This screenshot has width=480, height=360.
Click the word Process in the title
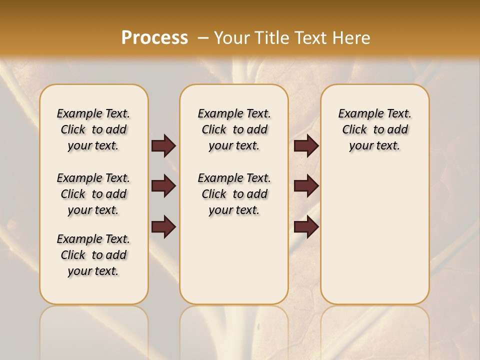point(154,38)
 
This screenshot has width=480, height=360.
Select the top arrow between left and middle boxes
point(163,145)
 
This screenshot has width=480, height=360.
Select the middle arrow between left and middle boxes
point(163,186)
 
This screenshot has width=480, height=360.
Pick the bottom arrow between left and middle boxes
point(163,227)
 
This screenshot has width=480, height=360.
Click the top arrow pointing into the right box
point(306,145)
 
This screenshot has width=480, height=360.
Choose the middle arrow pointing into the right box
point(306,186)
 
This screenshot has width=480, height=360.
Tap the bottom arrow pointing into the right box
point(306,227)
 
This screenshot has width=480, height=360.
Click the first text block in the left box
point(93,129)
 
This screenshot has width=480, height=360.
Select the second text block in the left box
point(93,194)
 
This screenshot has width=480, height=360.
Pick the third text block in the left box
point(93,255)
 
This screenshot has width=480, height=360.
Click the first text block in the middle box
point(234,129)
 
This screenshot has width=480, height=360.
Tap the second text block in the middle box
point(234,194)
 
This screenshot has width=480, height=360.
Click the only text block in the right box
point(374,129)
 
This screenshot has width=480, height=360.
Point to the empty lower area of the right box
point(374,235)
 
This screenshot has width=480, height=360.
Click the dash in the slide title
point(203,38)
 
